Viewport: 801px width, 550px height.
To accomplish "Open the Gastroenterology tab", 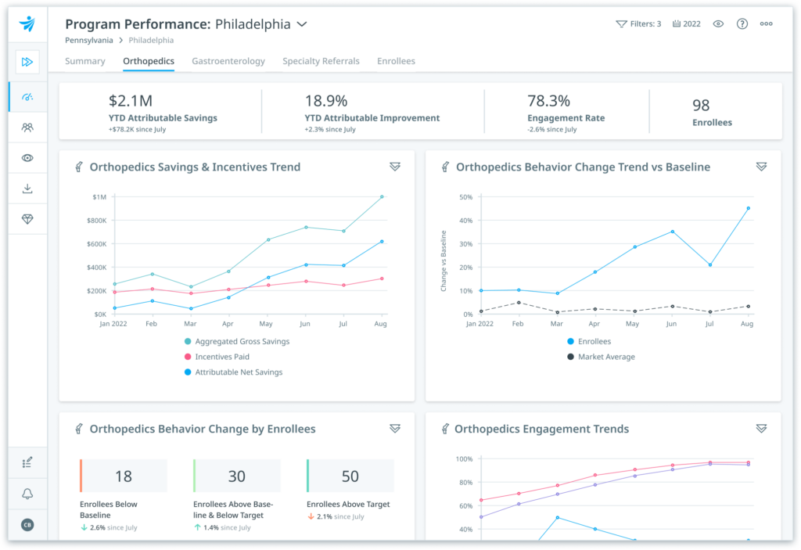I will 228,61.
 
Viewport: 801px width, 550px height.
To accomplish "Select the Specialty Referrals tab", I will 321,61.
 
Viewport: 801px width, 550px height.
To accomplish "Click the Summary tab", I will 85,61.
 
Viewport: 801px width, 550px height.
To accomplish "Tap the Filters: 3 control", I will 638,24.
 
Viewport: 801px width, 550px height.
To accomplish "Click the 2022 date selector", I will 686,24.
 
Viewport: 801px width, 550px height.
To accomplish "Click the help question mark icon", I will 742,24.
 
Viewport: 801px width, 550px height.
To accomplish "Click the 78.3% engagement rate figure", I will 549,101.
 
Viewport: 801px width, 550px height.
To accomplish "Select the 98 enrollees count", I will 701,105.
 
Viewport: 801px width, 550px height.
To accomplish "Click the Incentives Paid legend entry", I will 222,357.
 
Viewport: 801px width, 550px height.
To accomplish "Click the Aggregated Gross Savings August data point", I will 382,197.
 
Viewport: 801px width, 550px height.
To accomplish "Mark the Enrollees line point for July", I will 709,265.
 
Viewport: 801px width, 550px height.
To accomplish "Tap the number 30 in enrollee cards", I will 236,476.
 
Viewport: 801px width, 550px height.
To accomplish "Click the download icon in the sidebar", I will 28,189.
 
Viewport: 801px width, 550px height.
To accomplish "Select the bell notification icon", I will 28,494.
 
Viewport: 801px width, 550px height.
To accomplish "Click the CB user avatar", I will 28,525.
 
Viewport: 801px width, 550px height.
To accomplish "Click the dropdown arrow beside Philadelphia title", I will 302,24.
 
